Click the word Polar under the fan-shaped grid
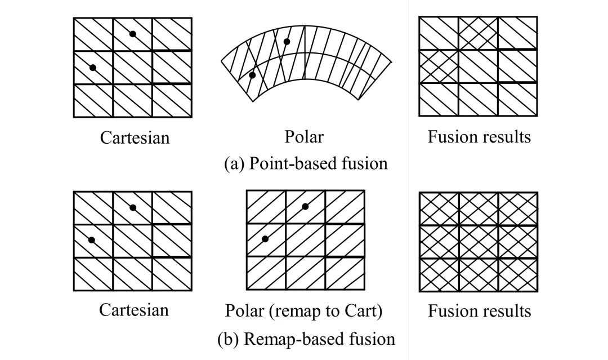(x=305, y=137)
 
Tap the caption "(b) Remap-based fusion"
(x=306, y=339)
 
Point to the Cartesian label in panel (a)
(x=135, y=137)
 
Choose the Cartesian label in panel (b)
(x=135, y=310)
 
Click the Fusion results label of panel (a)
(x=479, y=137)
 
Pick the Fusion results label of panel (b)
(x=479, y=310)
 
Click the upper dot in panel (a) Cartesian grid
(x=133, y=34)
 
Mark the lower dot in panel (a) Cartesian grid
(x=93, y=68)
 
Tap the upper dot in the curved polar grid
(x=287, y=42)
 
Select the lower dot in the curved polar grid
(x=252, y=75)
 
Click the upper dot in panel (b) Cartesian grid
(x=133, y=207)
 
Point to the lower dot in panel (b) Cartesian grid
(x=92, y=240)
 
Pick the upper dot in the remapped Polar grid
(x=305, y=207)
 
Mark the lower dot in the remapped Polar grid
(x=265, y=239)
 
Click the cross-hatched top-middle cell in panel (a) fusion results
(x=478, y=33)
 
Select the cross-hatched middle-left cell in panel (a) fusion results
(x=439, y=66)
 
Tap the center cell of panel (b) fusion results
(x=478, y=241)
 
